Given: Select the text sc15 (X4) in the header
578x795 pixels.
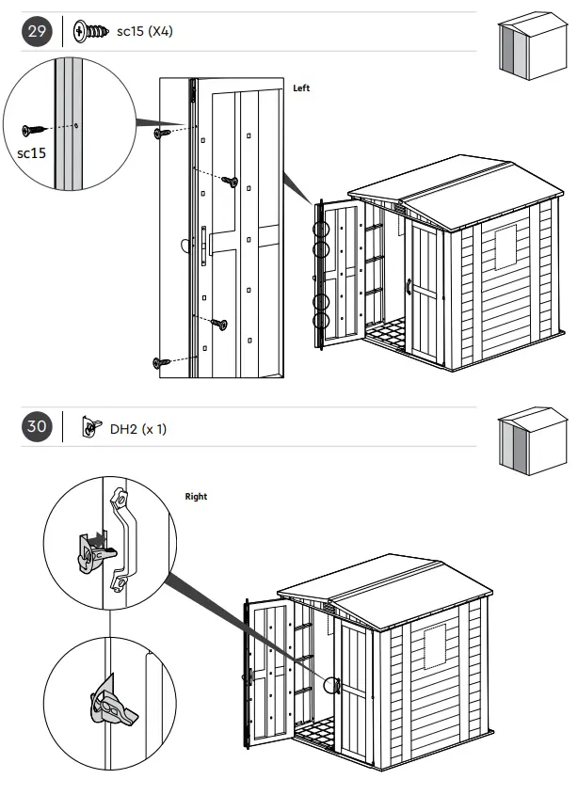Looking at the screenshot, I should coord(144,32).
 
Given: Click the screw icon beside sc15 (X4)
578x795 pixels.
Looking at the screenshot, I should coord(91,32).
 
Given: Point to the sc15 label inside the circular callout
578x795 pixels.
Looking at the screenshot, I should coord(31,152).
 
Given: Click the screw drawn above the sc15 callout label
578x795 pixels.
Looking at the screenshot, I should coord(33,129).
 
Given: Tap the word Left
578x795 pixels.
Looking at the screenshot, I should coord(301,88).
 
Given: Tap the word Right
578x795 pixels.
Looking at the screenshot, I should coord(196,496).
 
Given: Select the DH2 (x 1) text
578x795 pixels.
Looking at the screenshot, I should coord(137,429).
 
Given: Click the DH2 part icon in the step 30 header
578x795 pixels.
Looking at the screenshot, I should coord(91,429).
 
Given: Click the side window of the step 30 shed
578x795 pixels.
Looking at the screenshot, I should coord(436,647).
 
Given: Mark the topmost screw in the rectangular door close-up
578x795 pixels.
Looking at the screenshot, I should coord(162,134).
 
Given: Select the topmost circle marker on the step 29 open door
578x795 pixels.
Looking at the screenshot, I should coord(322,229).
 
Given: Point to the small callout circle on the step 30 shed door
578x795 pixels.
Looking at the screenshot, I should coord(332,684).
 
